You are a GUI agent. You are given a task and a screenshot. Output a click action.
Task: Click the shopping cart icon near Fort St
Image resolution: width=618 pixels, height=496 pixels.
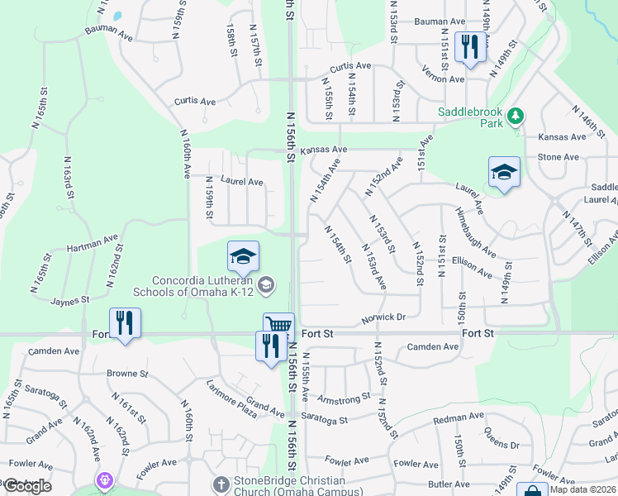(278, 325)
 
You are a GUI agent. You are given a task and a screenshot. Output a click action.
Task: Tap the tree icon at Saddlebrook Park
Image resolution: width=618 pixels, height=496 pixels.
(516, 115)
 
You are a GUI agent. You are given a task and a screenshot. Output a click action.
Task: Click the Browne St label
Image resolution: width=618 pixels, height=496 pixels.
(127, 374)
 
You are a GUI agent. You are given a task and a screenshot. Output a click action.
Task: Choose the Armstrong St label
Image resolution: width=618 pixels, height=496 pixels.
(345, 400)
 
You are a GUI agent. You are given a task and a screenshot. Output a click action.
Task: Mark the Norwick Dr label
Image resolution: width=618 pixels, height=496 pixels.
(383, 317)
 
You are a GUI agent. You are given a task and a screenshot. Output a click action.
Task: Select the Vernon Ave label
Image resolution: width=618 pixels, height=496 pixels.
(444, 79)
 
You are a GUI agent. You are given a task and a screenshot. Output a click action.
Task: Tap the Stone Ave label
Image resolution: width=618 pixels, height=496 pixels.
(559, 157)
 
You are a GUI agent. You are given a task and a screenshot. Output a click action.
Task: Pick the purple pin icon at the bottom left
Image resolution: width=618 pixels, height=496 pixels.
(105, 479)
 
